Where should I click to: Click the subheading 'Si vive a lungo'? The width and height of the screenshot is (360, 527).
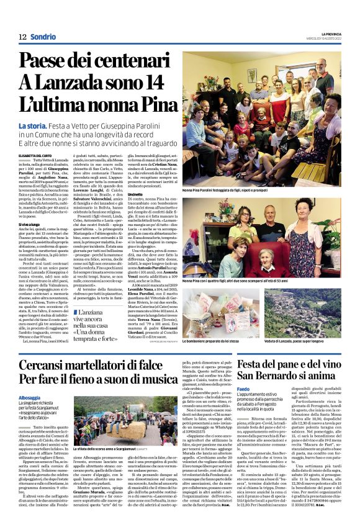click(x=30, y=223)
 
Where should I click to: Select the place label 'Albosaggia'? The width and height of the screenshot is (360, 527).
click(x=30, y=397)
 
